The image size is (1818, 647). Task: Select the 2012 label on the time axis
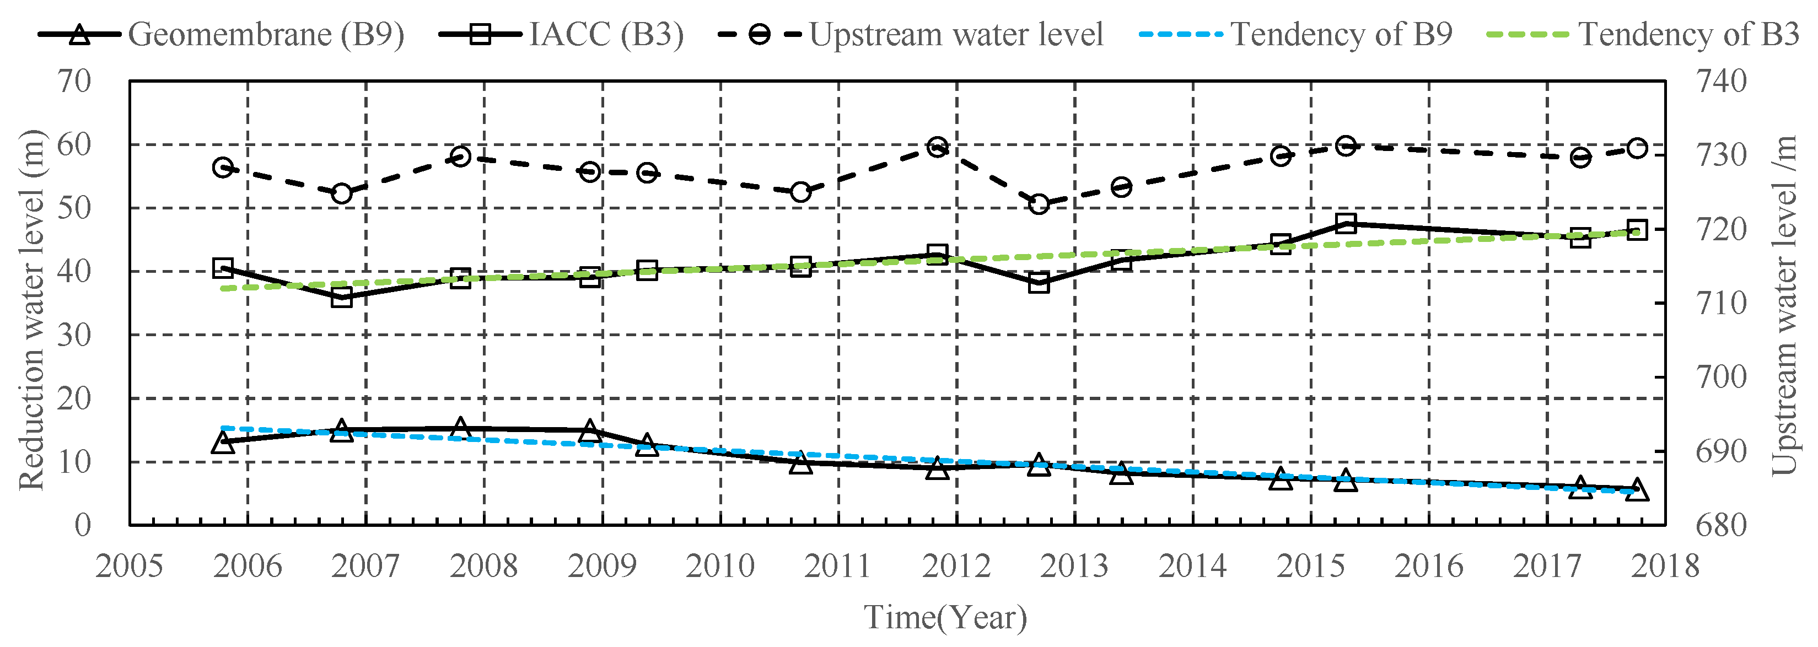click(x=956, y=566)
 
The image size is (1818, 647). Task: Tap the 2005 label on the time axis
click(x=129, y=566)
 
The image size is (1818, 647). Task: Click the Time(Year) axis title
click(x=946, y=617)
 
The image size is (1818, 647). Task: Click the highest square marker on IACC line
click(x=1345, y=224)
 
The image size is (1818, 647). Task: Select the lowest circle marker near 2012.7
click(x=1038, y=204)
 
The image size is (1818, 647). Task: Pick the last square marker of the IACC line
click(x=1637, y=230)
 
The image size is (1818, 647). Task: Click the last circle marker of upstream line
click(x=1637, y=148)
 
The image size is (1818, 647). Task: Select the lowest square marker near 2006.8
click(x=342, y=297)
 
